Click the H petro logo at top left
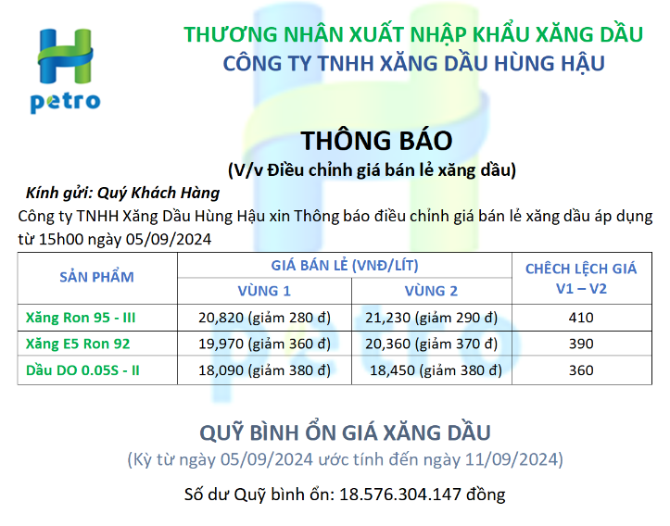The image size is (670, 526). coord(66,70)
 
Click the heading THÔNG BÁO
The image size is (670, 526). coord(376,140)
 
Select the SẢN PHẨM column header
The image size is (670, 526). coord(96,277)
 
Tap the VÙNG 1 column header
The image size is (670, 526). coord(264,291)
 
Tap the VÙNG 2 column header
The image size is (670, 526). coord(431,291)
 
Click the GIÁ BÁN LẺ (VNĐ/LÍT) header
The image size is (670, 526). coord(345,265)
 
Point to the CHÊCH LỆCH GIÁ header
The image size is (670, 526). coord(581,269)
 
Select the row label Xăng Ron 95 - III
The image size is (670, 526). coord(81,318)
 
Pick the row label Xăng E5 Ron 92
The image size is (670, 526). coord(78,344)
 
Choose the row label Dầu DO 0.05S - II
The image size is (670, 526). coord(82,370)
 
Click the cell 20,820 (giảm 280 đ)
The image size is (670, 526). coord(264,318)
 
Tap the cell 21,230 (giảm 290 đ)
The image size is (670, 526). coord(431,318)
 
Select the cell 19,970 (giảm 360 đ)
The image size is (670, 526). coord(264,344)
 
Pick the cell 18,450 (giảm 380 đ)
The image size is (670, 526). coord(436,370)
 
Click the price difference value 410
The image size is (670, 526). coord(581,318)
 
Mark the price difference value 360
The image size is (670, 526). coord(581,370)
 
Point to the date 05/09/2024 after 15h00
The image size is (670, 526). coord(169,239)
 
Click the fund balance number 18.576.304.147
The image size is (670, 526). coord(400,495)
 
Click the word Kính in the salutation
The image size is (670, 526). coord(41,193)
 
